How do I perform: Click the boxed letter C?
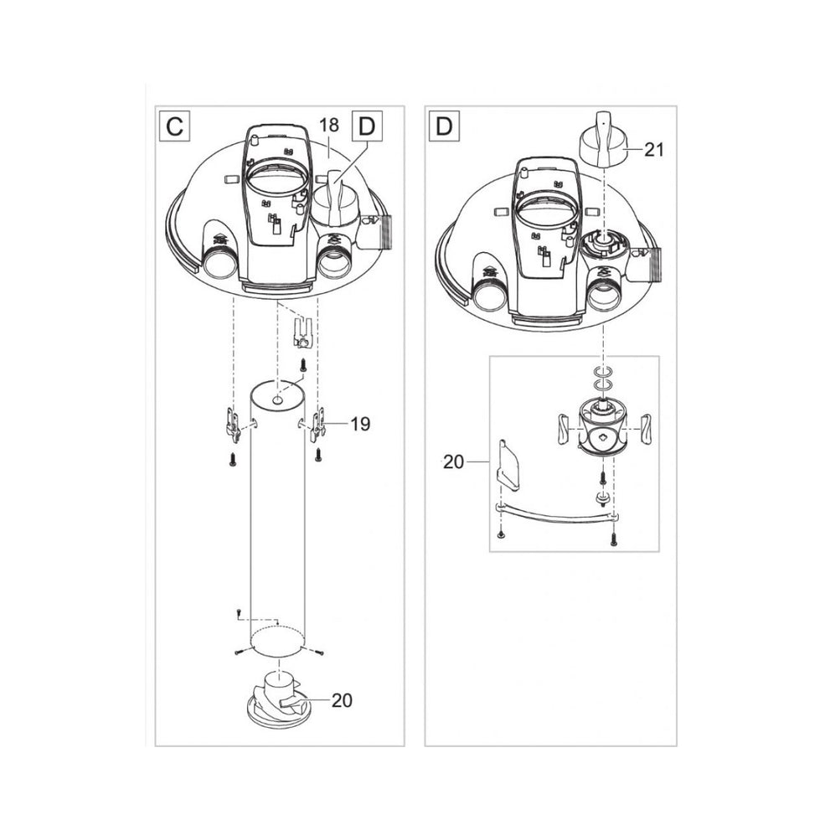tap(175, 126)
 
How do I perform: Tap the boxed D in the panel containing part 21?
tap(444, 126)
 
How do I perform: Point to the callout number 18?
tap(329, 126)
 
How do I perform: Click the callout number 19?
tap(360, 425)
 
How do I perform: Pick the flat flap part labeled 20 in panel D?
tap(508, 465)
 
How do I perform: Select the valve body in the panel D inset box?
tap(604, 427)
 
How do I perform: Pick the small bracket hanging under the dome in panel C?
tap(302, 332)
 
